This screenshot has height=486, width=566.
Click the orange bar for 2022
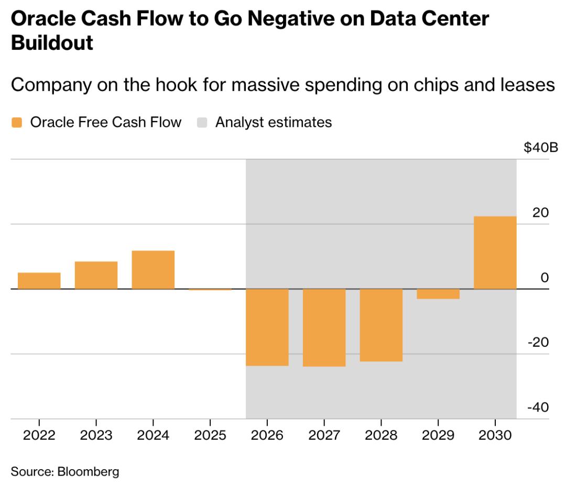(x=39, y=281)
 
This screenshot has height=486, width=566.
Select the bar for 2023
(x=96, y=275)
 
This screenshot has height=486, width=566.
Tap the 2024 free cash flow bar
(x=153, y=270)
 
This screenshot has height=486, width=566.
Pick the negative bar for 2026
(x=267, y=327)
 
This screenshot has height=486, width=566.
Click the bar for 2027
(x=324, y=327)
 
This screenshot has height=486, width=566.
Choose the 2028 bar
(x=381, y=325)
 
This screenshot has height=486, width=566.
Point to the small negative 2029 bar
(x=438, y=294)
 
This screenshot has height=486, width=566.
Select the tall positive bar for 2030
(x=495, y=252)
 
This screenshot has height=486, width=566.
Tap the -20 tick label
(x=539, y=343)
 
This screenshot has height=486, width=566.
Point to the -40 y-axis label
(x=539, y=407)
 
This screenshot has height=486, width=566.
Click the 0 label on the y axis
(x=545, y=278)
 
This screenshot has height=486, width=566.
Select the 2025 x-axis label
(x=210, y=436)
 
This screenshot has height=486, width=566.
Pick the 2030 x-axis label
(x=495, y=436)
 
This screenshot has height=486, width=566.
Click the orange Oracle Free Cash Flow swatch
(x=17, y=123)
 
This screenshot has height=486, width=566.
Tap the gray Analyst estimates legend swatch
(x=202, y=123)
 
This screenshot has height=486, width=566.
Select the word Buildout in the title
(x=52, y=42)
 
